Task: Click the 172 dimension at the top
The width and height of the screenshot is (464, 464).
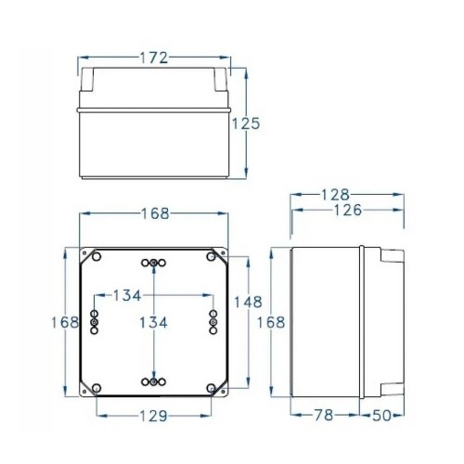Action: [155, 58]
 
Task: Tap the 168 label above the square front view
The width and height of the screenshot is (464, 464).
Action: [155, 213]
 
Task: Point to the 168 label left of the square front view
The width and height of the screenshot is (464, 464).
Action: [64, 322]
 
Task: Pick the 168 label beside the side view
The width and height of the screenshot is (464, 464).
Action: [269, 322]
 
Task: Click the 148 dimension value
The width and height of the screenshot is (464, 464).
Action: [248, 303]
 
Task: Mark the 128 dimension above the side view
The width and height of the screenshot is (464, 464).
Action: [334, 195]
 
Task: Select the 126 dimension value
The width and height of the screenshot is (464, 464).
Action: [348, 210]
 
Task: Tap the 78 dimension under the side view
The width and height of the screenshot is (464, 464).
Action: [321, 415]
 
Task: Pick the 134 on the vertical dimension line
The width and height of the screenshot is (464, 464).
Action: [153, 322]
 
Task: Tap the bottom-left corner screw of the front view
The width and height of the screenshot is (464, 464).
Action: [94, 387]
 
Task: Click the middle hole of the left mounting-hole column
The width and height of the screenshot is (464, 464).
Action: [93, 322]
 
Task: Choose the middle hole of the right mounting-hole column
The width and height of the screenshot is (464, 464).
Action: [213, 322]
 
